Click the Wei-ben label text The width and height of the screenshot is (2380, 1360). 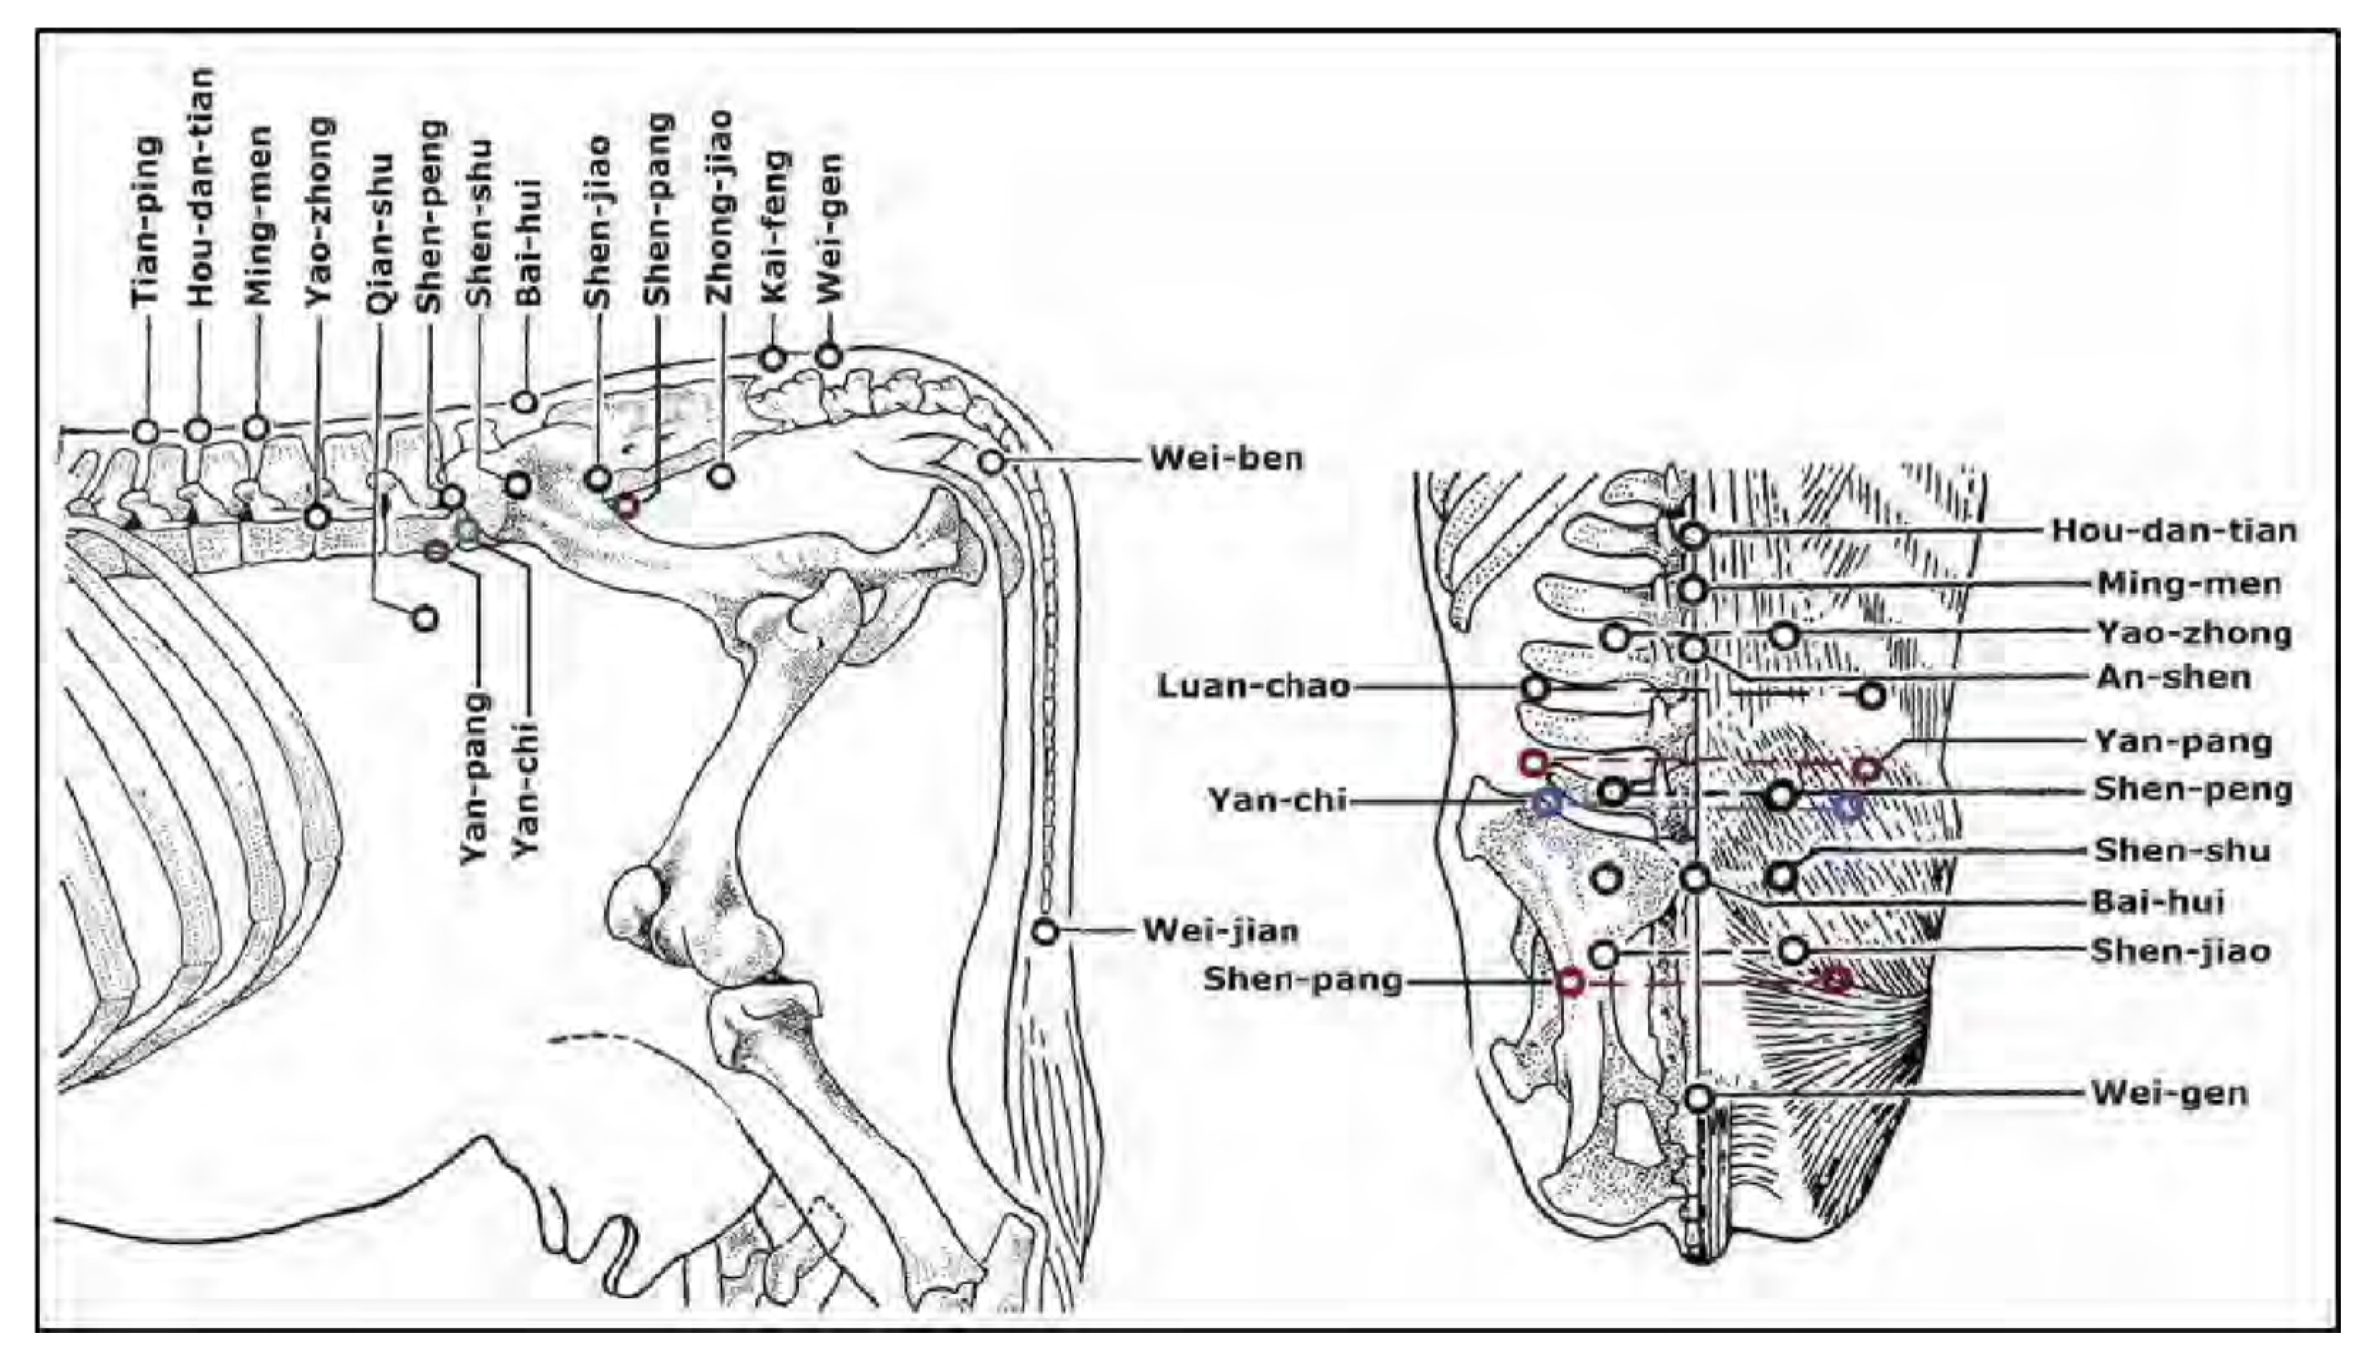tap(1225, 459)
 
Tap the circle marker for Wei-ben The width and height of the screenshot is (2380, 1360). tap(991, 461)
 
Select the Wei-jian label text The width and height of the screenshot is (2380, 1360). tap(1221, 931)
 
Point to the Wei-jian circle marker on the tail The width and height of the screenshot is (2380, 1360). tap(1045, 931)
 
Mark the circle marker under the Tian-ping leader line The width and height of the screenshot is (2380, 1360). tap(146, 431)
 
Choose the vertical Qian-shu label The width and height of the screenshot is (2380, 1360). tap(380, 246)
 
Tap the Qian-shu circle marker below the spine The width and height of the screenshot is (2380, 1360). tap(425, 618)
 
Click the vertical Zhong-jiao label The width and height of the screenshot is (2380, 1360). tap(720, 206)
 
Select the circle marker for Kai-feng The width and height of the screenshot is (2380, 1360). tap(773, 359)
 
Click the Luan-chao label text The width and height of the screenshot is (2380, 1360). tap(1253, 686)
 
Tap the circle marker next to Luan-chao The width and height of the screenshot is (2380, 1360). tap(1535, 689)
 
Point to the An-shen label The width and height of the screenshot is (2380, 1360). tap(2173, 677)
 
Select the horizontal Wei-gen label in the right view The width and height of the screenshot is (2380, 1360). tap(2169, 1093)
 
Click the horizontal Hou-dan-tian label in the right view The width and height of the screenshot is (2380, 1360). tap(2173, 530)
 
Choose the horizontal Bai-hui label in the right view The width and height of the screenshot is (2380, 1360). tap(2158, 902)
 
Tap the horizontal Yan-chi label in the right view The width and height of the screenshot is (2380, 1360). tap(1277, 800)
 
